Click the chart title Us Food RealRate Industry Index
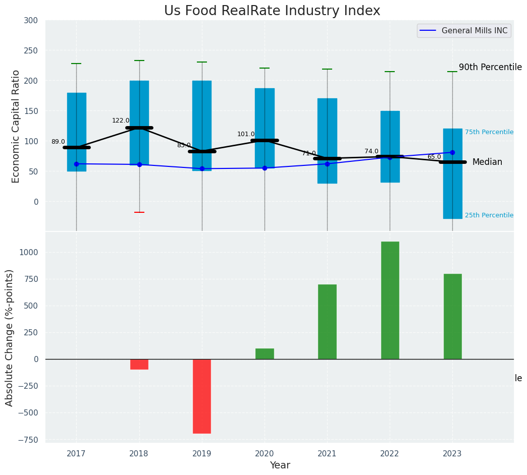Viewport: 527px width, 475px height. [x=272, y=11]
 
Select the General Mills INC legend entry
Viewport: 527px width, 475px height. [x=474, y=31]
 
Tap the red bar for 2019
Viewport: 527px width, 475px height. [x=202, y=396]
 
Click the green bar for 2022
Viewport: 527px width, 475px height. [x=390, y=300]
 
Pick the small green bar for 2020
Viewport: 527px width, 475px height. [x=265, y=353]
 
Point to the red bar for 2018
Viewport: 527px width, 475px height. [x=139, y=364]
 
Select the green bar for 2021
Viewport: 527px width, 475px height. [x=327, y=322]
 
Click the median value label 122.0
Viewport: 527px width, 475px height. [x=121, y=121]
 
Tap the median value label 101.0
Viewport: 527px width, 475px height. [x=246, y=134]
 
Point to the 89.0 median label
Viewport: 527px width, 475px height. [x=58, y=142]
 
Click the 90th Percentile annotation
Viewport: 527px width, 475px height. [x=490, y=67]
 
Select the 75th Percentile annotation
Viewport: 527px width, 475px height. [x=489, y=132]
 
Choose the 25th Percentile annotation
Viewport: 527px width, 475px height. [x=489, y=215]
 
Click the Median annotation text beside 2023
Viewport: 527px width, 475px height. [x=487, y=162]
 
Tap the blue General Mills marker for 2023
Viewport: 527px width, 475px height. [x=452, y=152]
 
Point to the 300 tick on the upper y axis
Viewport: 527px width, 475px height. [x=30, y=20]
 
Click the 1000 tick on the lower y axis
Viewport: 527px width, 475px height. [x=28, y=252]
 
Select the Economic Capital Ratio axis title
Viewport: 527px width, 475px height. [x=16, y=126]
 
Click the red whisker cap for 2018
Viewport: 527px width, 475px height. [x=139, y=212]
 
